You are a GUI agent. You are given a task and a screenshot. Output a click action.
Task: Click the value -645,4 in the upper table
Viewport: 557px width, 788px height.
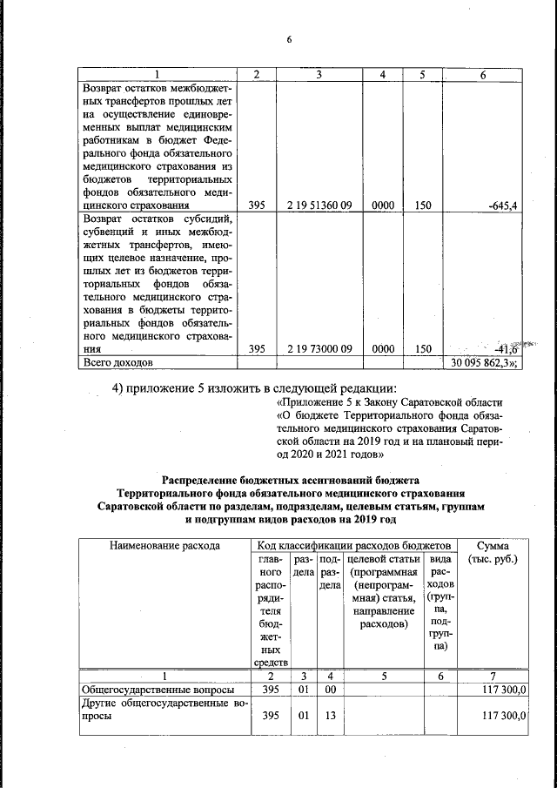[500, 205]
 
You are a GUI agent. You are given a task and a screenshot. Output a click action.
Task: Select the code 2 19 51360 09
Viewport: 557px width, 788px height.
[318, 205]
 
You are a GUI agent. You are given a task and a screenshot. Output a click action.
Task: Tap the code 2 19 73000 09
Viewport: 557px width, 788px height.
[318, 348]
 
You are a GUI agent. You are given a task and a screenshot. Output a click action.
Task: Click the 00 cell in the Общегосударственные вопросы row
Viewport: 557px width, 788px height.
[327, 690]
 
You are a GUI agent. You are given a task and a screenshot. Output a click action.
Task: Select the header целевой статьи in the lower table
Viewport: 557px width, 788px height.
[383, 559]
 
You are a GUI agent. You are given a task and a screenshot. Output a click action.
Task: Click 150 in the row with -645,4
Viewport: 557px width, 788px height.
[423, 205]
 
